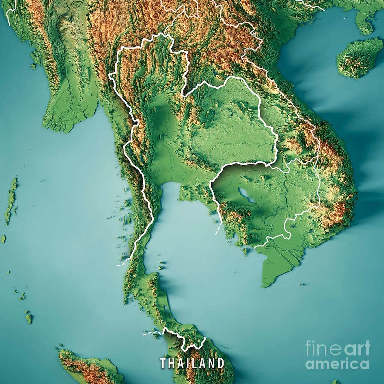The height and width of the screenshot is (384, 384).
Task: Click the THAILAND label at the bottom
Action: (x=192, y=363)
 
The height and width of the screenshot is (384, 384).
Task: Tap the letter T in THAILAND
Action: (x=163, y=363)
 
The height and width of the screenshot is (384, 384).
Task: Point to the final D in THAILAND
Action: (x=221, y=363)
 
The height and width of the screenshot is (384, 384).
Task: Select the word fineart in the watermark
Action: (x=338, y=348)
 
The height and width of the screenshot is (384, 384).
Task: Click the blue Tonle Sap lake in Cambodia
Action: (x=244, y=195)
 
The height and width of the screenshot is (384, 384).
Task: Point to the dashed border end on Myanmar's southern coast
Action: (x=121, y=265)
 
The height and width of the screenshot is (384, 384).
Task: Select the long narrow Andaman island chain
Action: (x=11, y=200)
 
